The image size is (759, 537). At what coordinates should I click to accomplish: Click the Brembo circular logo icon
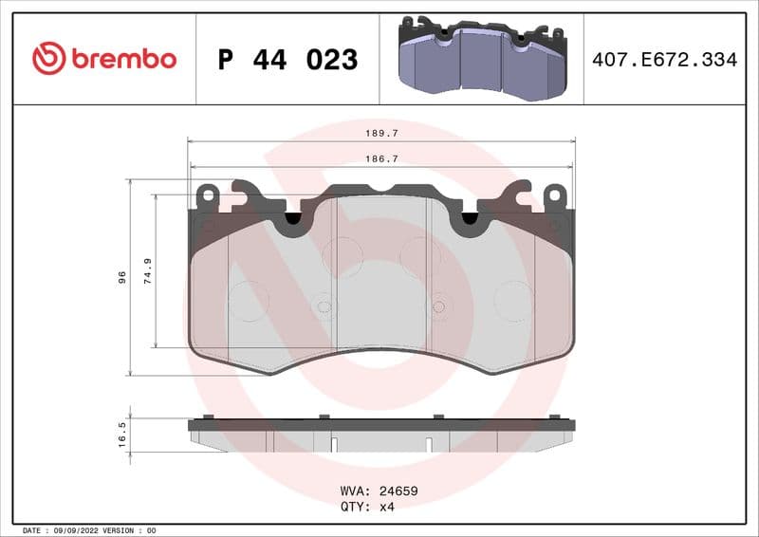pyautogui.click(x=48, y=59)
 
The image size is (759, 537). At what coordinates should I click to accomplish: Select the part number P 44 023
pyautogui.click(x=287, y=60)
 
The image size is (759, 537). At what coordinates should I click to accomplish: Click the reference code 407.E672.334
pyautogui.click(x=664, y=60)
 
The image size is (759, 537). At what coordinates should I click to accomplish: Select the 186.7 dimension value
pyautogui.click(x=382, y=159)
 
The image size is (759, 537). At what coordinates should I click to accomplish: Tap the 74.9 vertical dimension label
pyautogui.click(x=148, y=271)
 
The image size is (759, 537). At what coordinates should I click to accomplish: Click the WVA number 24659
pyautogui.click(x=398, y=491)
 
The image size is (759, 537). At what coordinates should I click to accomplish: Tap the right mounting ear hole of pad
pyautogui.click(x=555, y=195)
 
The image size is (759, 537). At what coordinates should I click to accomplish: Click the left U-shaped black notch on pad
pyautogui.click(x=292, y=219)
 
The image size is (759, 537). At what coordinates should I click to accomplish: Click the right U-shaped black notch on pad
pyautogui.click(x=470, y=219)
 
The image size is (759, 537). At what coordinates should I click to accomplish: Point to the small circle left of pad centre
pyautogui.click(x=324, y=306)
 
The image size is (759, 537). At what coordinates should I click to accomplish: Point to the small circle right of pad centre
pyautogui.click(x=439, y=306)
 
